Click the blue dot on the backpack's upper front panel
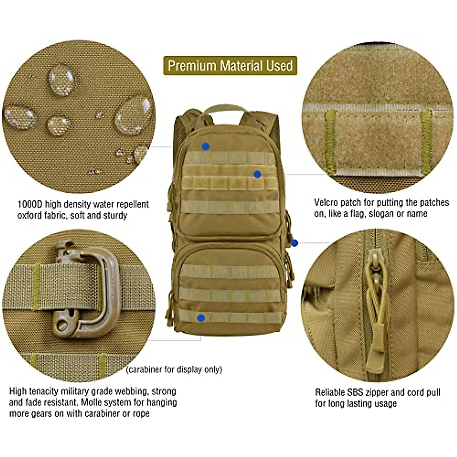(206, 146)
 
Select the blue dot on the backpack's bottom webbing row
(201, 318)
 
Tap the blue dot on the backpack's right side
(294, 242)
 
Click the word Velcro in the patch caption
(326, 202)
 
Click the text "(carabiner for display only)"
(174, 369)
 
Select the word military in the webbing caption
(78, 391)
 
